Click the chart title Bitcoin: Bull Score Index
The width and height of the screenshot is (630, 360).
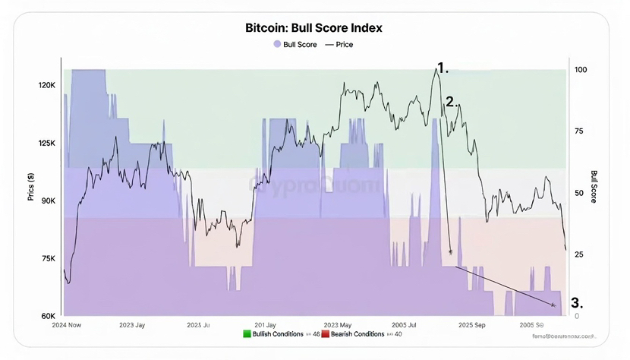[x=314, y=27]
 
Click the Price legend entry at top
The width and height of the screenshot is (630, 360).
[x=339, y=45]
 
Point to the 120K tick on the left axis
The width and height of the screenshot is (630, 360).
[x=47, y=86]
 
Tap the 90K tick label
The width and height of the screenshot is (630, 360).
[x=47, y=201]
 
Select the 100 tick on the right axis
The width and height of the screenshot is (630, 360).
[x=581, y=70]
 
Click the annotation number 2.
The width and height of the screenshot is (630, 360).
[x=452, y=101]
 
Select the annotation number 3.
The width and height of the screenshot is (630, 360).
[x=576, y=302]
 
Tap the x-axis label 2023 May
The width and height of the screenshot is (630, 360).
[x=342, y=324]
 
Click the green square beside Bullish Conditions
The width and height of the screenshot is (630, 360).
[x=247, y=333]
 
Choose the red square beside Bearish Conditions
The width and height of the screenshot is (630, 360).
[x=326, y=333]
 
